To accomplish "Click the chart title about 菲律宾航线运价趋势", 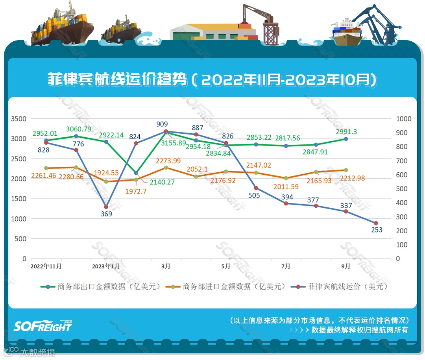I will (212, 80).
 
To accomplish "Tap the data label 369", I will (106, 214).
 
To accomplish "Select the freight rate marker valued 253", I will (376, 223).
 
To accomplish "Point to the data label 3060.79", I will (79, 129).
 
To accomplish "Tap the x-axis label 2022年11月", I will (46, 266).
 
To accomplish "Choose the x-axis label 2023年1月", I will (106, 266).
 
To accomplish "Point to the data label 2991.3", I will (346, 132).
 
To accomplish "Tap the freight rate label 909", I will (162, 124).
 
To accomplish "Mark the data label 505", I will (254, 195).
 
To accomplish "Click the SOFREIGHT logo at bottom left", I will (43, 326).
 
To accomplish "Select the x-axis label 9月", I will (346, 266).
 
